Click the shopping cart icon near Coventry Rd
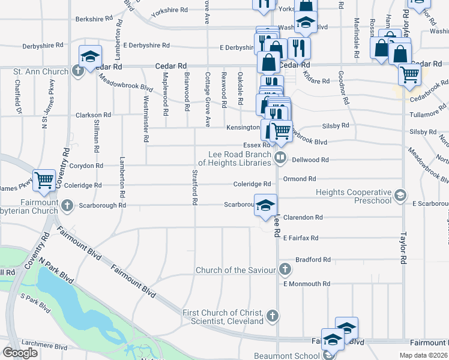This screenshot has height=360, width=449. (44, 179)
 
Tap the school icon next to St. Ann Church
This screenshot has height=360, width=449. (90, 56)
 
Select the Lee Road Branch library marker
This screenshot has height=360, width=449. (280, 158)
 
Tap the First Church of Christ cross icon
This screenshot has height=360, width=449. (273, 316)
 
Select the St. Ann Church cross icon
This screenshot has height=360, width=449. (78, 72)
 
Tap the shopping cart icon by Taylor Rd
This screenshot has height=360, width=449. (409, 75)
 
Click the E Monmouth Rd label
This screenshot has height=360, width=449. (307, 284)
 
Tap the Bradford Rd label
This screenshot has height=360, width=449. (313, 260)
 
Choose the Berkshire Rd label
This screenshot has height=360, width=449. (94, 19)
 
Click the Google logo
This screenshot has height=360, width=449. (20, 353)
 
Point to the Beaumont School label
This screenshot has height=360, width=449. (286, 356)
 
